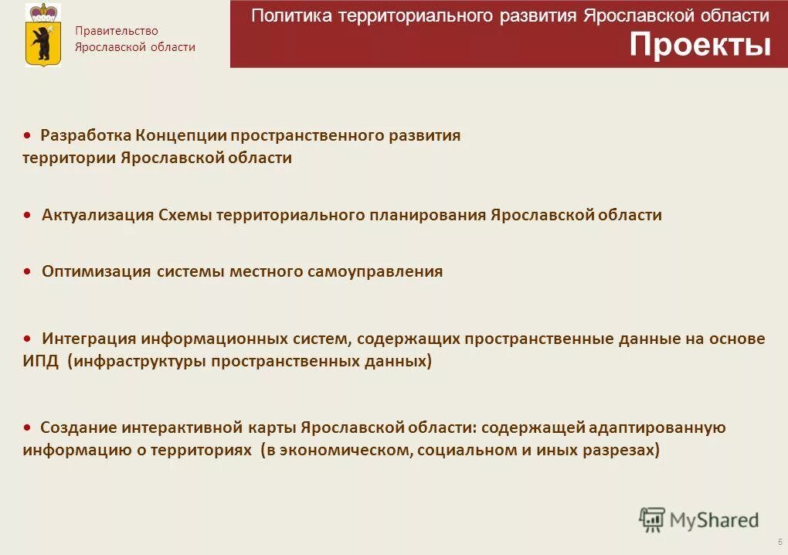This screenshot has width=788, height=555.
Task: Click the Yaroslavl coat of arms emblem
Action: pyautogui.click(x=42, y=34)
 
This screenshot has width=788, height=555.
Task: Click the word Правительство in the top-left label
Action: pyautogui.click(x=116, y=31)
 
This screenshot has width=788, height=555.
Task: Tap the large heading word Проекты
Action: pyautogui.click(x=700, y=46)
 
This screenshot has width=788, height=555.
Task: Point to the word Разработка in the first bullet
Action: pyautogui.click(x=86, y=136)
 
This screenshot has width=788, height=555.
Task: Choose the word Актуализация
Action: pyautogui.click(x=98, y=215)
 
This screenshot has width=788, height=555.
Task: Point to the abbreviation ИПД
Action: pyautogui.click(x=40, y=361)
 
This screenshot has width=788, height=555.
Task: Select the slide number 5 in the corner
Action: pyautogui.click(x=780, y=542)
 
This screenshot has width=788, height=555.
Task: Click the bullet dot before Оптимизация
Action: pyautogui.click(x=27, y=271)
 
